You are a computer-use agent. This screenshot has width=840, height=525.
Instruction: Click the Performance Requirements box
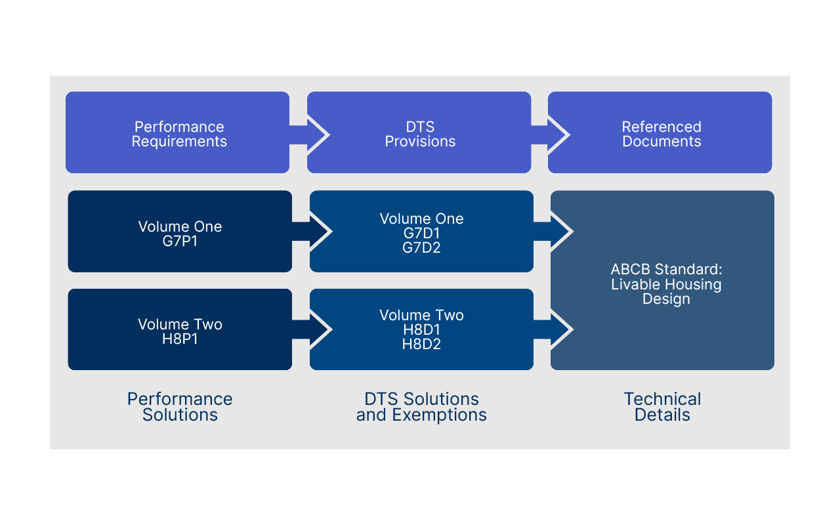coord(177,133)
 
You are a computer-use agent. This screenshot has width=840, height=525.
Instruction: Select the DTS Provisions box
coord(419,133)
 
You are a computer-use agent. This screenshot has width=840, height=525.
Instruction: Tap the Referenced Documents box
coord(660,133)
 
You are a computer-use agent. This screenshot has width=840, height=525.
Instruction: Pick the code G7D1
coord(421,233)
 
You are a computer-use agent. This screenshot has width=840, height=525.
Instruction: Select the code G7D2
coord(421,247)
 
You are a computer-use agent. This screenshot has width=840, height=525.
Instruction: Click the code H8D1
coord(421,329)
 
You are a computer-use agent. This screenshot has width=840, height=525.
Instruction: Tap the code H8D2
coord(421,344)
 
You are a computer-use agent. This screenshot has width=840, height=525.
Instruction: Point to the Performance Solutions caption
coord(180,407)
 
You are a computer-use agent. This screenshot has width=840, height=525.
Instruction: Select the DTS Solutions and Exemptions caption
coord(421,407)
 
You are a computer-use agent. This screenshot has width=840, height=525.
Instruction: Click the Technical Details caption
coord(662,407)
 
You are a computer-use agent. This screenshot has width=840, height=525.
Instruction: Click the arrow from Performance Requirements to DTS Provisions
coord(310,135)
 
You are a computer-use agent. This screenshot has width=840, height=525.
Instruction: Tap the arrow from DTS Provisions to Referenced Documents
coord(551,135)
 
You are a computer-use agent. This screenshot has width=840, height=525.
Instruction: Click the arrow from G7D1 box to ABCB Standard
coord(555,231)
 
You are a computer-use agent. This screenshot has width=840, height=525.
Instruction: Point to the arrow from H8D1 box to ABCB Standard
coord(555,328)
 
